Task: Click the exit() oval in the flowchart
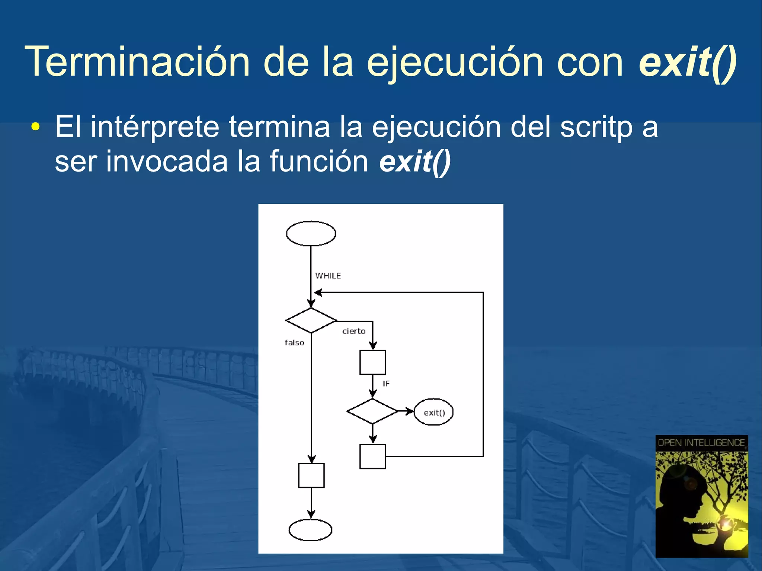click(433, 412)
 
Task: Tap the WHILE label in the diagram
click(328, 276)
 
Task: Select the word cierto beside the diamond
click(354, 331)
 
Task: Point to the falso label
click(294, 343)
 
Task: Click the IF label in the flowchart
click(386, 384)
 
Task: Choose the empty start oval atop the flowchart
click(311, 234)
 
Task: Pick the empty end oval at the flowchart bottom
click(310, 530)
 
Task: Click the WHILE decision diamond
click(311, 320)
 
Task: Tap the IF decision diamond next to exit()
click(372, 411)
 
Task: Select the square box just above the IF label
click(372, 362)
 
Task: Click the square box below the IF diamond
click(372, 456)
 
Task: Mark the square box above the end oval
click(311, 475)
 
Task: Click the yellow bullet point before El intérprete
click(35, 127)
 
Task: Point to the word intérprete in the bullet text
click(155, 127)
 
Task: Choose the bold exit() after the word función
click(415, 161)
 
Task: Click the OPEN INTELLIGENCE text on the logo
click(701, 443)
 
